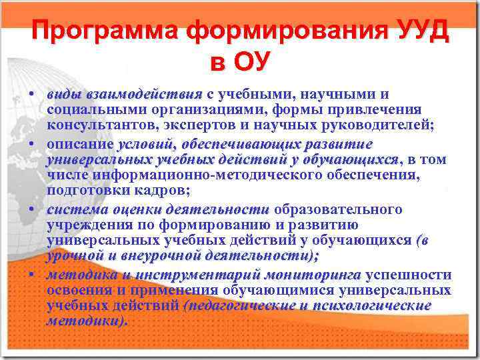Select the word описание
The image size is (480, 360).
click(x=79, y=144)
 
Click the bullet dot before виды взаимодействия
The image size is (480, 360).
click(x=32, y=94)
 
